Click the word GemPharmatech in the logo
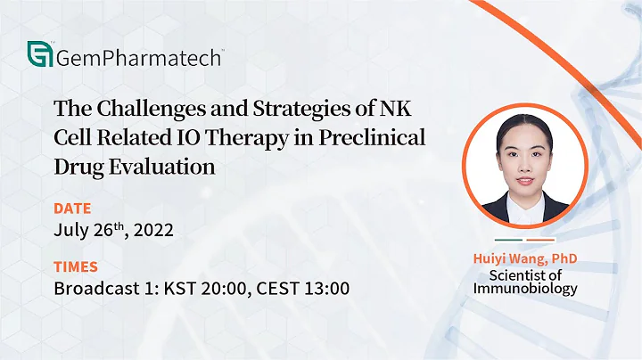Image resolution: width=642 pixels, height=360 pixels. tap(138, 58)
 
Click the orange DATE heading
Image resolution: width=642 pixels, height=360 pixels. tap(72, 209)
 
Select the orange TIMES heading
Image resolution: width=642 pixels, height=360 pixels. tap(76, 266)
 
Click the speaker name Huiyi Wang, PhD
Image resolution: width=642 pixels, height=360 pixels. tap(525, 258)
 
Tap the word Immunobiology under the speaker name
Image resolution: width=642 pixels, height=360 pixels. tap(525, 288)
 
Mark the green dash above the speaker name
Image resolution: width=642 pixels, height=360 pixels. tap(508, 241)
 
